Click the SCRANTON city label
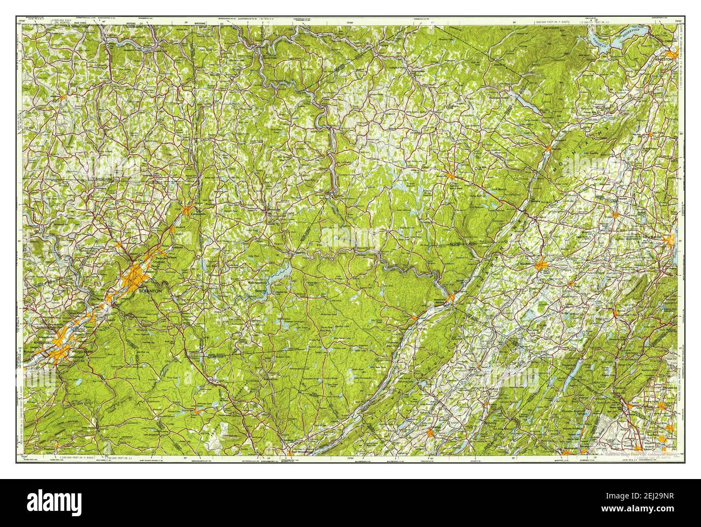pyautogui.click(x=149, y=291)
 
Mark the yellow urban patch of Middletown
pyautogui.click(x=541, y=265)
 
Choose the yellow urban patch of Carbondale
pyautogui.click(x=186, y=211)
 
